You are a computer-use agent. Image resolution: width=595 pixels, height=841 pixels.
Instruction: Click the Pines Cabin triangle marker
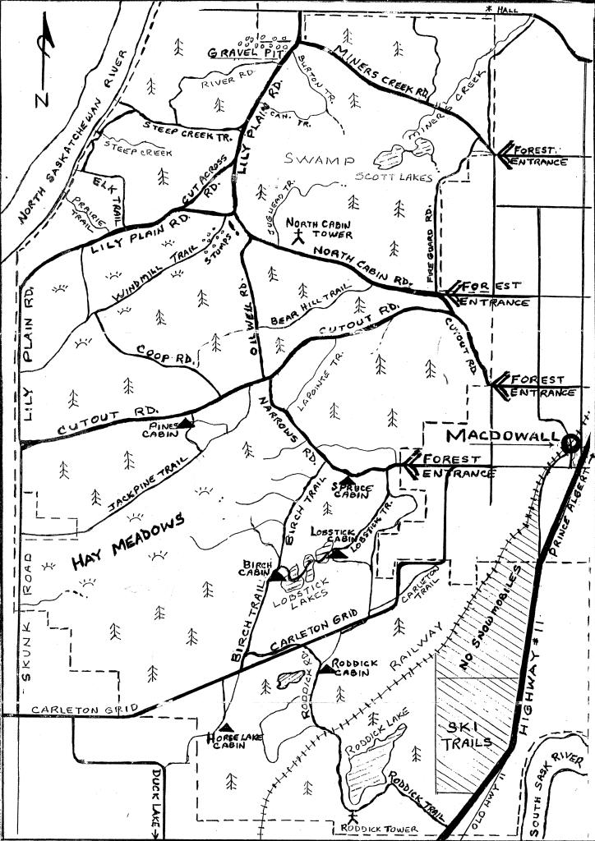187,422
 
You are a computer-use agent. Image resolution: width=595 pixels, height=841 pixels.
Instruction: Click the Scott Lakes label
394,177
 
